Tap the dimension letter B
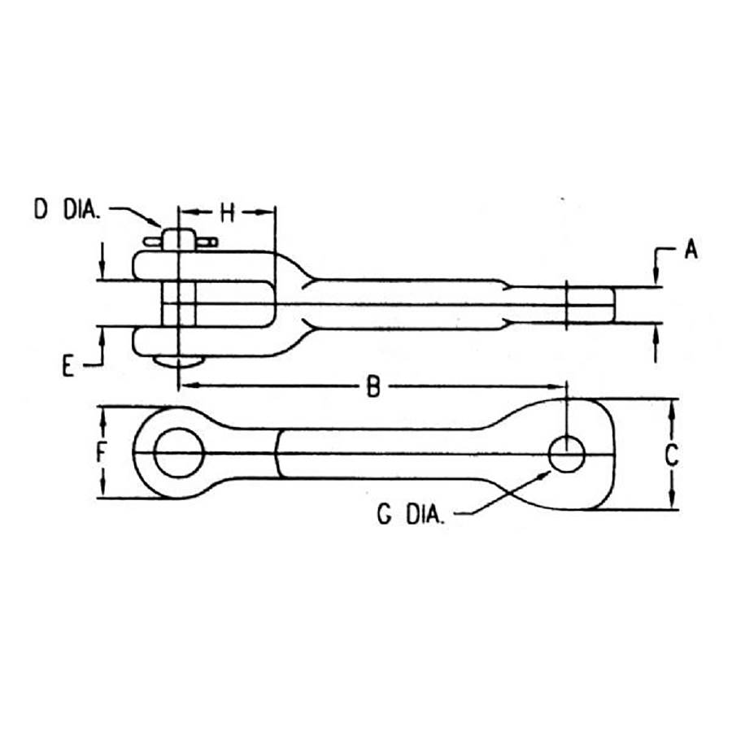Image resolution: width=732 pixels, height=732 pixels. coord(373,386)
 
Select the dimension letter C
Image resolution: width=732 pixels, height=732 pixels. coord(672,455)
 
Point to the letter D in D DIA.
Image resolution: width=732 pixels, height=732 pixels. coord(41,209)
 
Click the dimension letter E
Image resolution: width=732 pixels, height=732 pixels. coord(68,366)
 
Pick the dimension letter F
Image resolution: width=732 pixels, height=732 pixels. coord(102,452)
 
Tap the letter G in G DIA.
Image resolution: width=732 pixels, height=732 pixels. coord(384,515)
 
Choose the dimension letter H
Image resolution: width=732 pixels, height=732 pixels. coord(227,213)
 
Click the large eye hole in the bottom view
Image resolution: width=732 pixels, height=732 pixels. coord(179,452)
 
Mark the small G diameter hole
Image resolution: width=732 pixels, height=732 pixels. coord(567,454)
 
